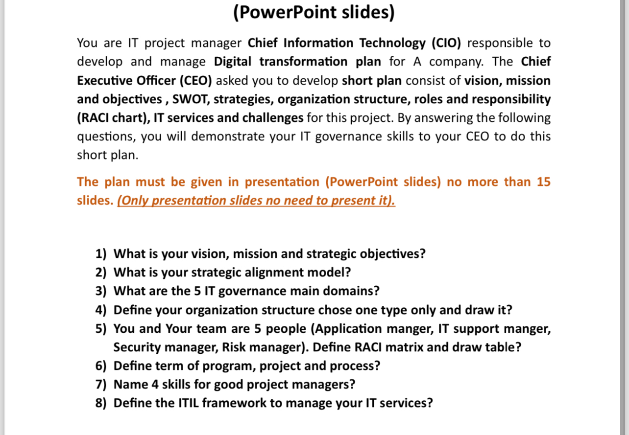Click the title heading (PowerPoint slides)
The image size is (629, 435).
coord(314,12)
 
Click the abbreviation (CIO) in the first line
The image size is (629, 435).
coord(446,43)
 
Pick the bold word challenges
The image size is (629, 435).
coord(274,118)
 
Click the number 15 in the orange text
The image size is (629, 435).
coord(543,182)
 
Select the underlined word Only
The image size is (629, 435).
coord(133,201)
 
